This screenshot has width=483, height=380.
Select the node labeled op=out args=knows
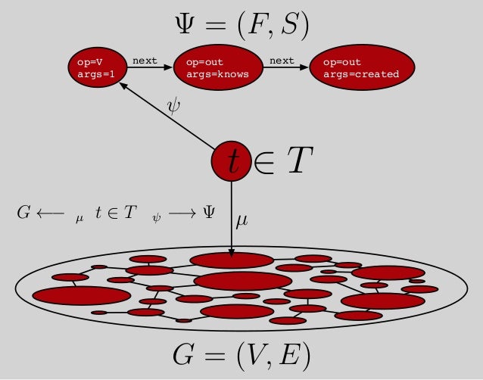(218, 67)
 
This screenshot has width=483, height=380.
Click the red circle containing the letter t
(231, 161)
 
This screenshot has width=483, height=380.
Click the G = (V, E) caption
(241, 354)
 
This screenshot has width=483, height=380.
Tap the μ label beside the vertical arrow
(241, 220)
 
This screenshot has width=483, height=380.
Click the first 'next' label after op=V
(145, 60)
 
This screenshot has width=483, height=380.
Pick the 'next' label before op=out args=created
(282, 60)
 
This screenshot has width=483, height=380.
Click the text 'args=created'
(361, 74)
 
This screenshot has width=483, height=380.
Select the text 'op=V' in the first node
(89, 61)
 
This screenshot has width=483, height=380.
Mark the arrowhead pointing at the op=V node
(122, 87)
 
